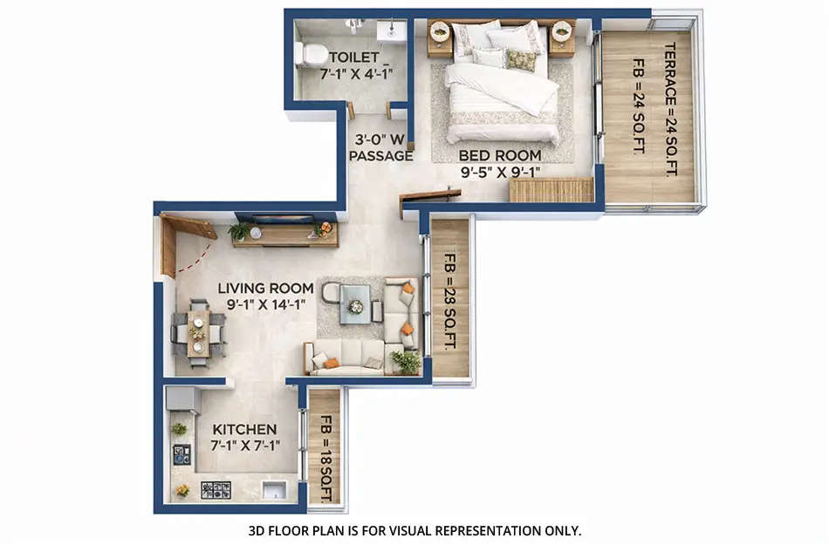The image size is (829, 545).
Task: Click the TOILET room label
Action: [335, 57]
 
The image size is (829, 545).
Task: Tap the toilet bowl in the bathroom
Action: [308, 55]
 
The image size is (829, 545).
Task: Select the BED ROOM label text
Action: [500, 156]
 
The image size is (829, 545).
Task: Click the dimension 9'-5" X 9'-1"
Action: [500, 173]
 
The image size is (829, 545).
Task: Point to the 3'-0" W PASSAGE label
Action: [380, 147]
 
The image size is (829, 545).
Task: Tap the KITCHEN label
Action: [243, 430]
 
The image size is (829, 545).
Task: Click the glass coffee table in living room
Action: [355, 305]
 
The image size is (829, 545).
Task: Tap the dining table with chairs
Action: [198, 332]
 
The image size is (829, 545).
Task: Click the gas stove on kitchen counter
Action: [216, 489]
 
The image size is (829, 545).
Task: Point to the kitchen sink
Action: [274, 490]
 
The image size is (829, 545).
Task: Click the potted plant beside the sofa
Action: [405, 359]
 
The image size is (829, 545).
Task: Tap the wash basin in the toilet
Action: [390, 31]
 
